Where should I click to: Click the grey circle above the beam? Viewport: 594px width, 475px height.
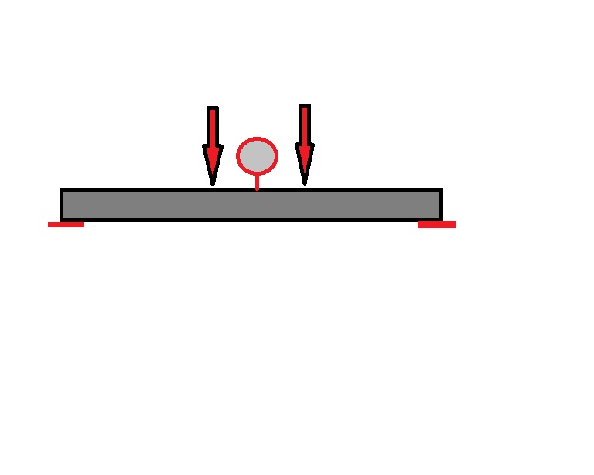257,155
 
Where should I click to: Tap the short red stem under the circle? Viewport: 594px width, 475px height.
257,181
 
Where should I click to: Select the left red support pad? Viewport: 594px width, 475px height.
66,224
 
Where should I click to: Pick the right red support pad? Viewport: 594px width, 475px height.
437,224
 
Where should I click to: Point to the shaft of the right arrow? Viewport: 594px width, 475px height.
305,124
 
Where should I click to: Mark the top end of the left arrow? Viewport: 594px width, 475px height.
213,109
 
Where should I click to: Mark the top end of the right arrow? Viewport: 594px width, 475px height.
305,107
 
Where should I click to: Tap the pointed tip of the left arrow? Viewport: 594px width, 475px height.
213,185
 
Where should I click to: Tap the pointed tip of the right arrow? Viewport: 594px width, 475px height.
305,183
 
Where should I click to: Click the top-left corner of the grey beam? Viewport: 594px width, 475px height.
62,190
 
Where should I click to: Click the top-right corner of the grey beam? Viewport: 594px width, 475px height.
441,190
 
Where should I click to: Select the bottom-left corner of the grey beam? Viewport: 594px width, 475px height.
62,220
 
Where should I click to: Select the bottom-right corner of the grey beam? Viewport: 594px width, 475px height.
441,220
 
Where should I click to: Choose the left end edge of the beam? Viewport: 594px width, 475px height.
62,205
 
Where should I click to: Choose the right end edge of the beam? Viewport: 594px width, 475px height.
441,205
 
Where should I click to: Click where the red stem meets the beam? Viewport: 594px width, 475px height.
257,190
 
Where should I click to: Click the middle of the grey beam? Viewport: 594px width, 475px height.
251,205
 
